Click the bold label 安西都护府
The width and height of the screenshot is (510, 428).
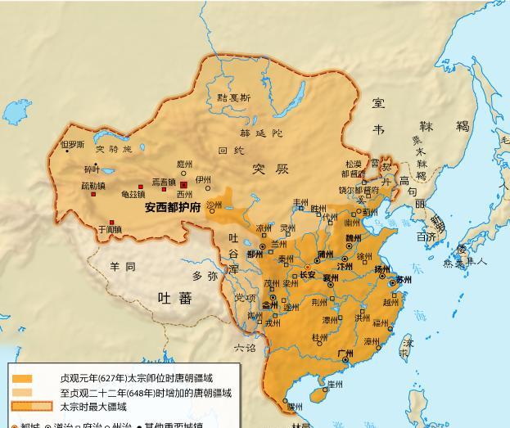[x=173, y=208]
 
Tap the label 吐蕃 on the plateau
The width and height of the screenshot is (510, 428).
[x=174, y=298]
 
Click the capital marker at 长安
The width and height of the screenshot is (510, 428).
[x=307, y=268]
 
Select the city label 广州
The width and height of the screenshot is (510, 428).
[x=345, y=353]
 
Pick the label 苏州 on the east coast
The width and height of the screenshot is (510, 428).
[x=404, y=280]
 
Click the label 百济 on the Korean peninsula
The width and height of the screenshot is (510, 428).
[x=426, y=237]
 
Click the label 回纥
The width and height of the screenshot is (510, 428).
[x=231, y=151]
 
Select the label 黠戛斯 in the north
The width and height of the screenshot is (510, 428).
[x=234, y=97]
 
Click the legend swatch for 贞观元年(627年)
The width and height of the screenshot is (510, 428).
[x=22, y=379]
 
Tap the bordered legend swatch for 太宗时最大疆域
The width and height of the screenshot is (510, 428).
[x=33, y=406]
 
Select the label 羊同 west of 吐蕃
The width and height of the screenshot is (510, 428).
[x=122, y=267]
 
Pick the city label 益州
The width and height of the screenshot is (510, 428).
[x=269, y=304]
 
